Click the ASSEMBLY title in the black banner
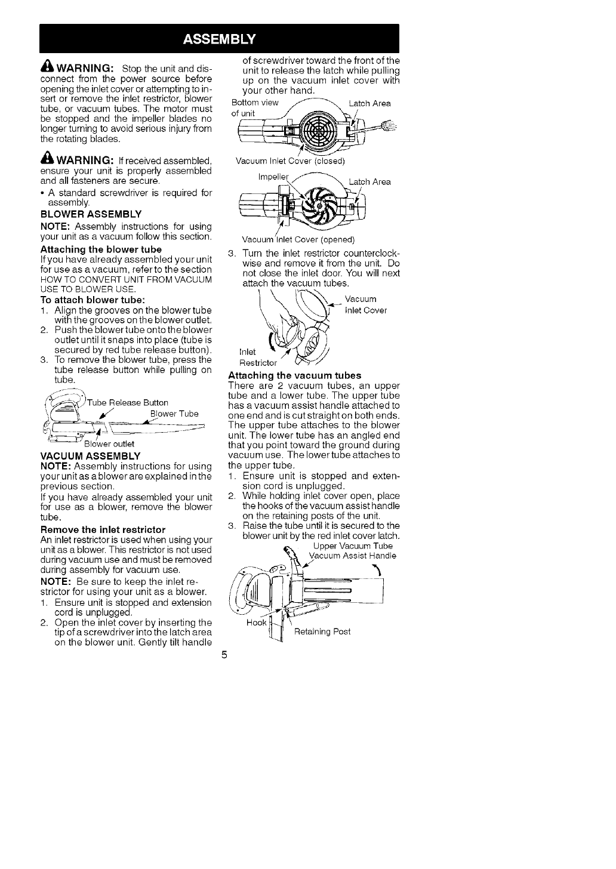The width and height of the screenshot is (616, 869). (x=219, y=39)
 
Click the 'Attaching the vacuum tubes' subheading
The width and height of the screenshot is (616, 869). (x=295, y=375)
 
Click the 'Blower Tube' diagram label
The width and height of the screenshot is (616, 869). (x=174, y=414)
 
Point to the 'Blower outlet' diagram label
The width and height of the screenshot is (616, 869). (x=109, y=443)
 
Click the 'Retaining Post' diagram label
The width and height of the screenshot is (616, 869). (x=322, y=631)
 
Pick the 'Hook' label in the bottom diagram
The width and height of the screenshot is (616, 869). (x=255, y=624)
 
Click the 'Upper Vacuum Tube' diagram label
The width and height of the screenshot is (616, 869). (x=353, y=546)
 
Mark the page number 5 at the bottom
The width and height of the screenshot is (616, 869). (x=224, y=655)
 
